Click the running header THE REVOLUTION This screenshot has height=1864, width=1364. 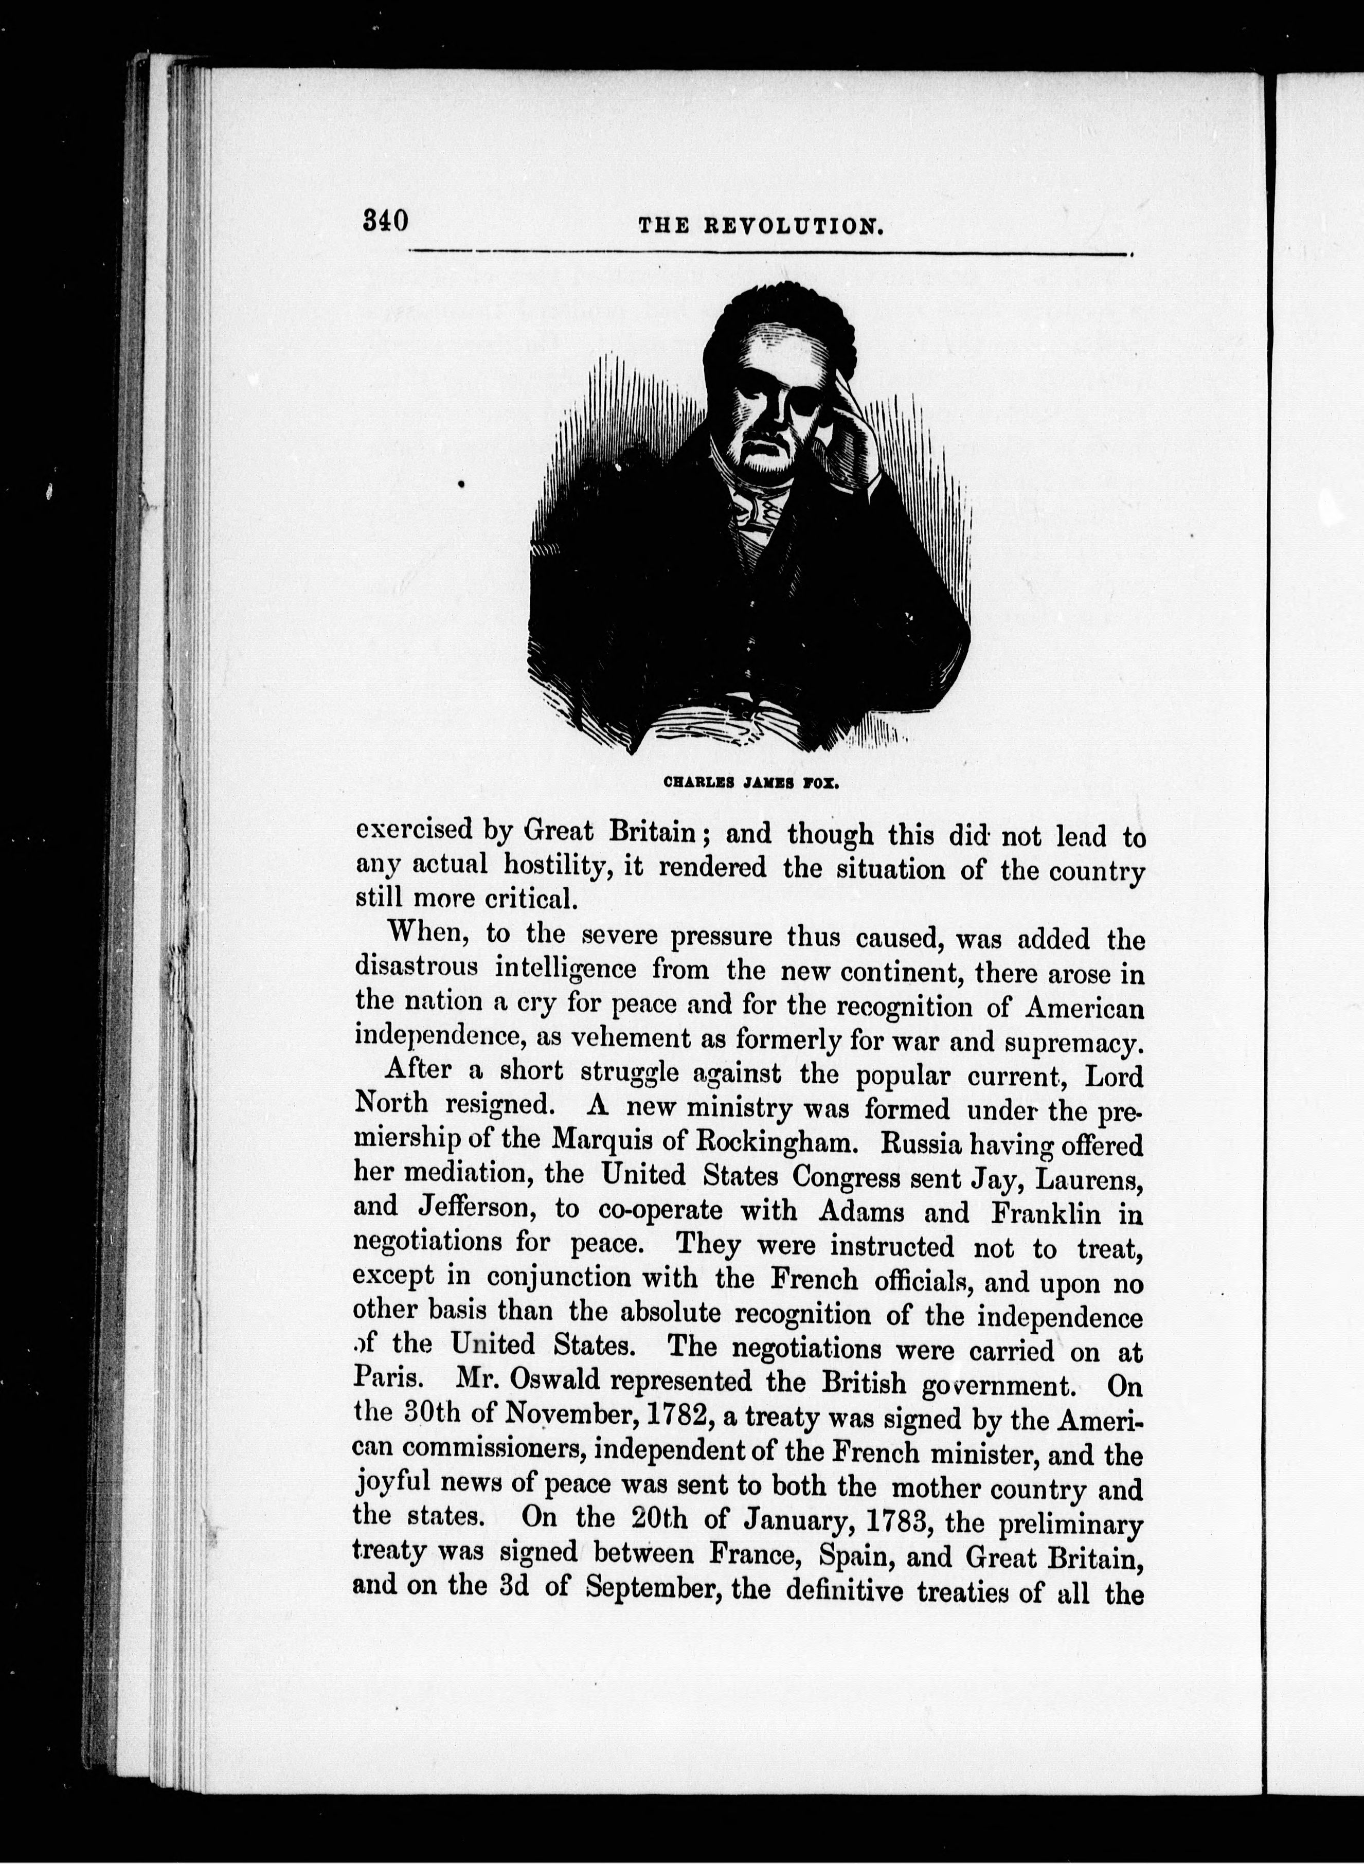point(761,226)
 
